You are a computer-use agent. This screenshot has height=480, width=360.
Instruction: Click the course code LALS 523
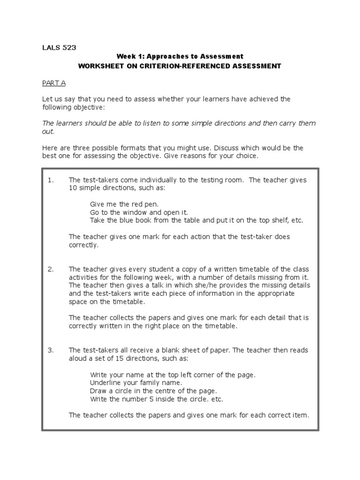[59, 47]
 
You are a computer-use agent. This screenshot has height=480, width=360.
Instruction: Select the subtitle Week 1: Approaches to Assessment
[180, 57]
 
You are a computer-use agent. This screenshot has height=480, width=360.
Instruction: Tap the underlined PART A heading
[54, 83]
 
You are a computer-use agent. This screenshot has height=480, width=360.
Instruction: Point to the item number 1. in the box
[51, 180]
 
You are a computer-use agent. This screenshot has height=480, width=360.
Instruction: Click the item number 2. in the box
[51, 269]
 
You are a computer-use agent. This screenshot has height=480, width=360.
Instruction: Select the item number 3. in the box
[51, 350]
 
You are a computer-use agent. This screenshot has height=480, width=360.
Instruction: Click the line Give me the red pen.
[124, 204]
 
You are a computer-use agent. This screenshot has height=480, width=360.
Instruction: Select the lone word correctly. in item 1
[84, 245]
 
